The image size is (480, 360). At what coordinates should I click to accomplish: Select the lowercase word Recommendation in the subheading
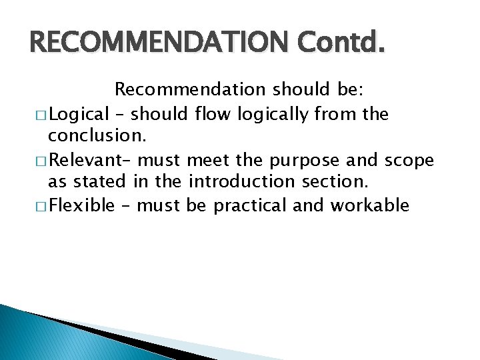[190, 89]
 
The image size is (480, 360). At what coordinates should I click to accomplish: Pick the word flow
[210, 115]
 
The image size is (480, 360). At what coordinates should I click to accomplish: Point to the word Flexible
[83, 205]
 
